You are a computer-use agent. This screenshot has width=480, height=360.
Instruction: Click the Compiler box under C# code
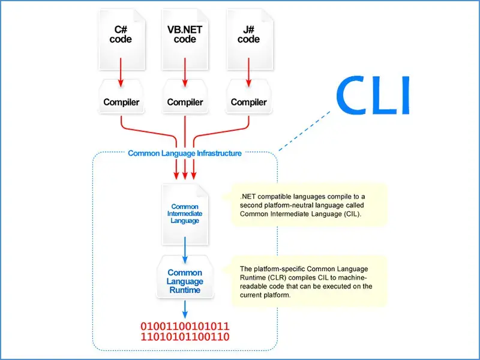coord(121,101)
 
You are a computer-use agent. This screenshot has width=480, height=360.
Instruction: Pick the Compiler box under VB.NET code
coord(185,101)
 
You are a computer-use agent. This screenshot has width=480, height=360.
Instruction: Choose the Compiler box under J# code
coord(248,101)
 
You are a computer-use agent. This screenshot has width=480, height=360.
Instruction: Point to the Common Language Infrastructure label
coord(185,153)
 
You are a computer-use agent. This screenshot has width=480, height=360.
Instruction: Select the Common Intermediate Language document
coord(185,214)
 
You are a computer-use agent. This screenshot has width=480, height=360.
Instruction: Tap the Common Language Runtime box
coord(185,281)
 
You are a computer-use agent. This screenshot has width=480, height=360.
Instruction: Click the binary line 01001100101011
coord(185,326)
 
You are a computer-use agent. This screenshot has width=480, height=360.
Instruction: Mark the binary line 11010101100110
coord(185,337)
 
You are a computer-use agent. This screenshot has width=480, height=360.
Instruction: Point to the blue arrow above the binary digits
coord(185,308)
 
